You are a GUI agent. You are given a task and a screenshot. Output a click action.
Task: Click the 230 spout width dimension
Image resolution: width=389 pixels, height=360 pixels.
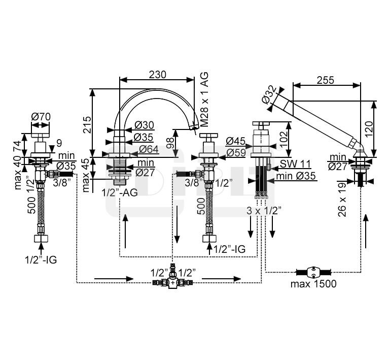point(157,74)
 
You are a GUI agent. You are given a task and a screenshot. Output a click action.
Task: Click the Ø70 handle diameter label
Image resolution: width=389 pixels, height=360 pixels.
point(40,116)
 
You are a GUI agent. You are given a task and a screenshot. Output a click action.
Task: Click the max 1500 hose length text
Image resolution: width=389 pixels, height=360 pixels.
point(313,283)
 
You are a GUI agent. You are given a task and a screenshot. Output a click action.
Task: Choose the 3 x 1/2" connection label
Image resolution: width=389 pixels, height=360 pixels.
point(264,210)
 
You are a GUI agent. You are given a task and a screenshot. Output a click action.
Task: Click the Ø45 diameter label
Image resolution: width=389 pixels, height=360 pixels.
point(236,141)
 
